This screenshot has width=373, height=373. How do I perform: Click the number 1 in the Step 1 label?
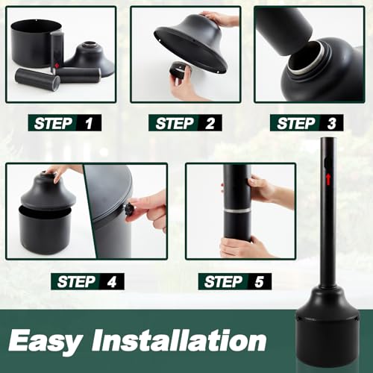pos(89,123)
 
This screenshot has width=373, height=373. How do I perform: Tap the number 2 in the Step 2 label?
pos(210,123)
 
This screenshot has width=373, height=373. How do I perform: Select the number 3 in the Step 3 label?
pos(331,123)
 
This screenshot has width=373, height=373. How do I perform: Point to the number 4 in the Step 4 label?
pos(112,282)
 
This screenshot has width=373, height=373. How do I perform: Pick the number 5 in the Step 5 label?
pos(259,282)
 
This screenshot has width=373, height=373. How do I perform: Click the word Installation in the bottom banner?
pos(178,339)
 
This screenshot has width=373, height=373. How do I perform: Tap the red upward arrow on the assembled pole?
pos(328,180)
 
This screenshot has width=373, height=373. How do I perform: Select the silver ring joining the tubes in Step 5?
pos(237,210)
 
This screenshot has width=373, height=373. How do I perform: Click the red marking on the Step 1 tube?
pos(57,66)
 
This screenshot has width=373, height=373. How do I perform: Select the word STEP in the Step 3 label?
pos(296,123)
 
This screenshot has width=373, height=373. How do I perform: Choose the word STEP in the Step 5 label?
pos(223,282)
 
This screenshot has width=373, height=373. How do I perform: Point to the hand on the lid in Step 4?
pos(60,172)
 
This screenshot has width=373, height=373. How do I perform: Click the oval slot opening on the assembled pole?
pos(327,162)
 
